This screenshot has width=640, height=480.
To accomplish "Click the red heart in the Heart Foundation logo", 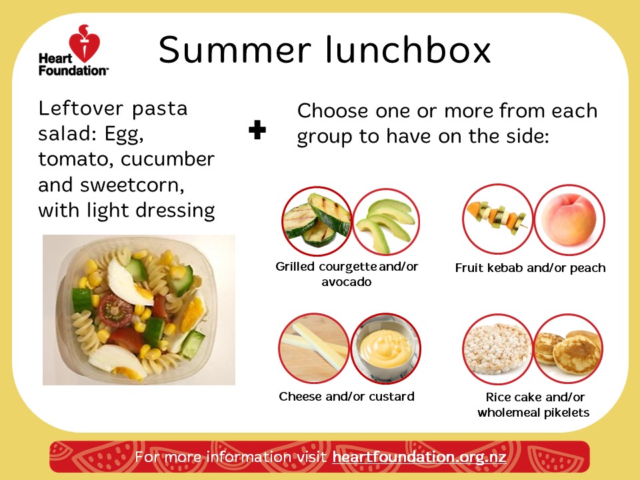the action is click(x=85, y=43).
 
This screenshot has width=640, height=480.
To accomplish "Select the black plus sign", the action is click(x=257, y=130).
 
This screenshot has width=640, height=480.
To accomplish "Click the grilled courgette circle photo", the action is click(x=317, y=221).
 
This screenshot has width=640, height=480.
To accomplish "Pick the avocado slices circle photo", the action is click(x=386, y=221).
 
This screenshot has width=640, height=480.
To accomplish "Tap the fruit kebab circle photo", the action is click(x=497, y=219).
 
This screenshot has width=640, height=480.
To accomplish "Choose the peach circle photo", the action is click(x=569, y=219).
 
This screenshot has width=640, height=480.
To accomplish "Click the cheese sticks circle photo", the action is click(x=314, y=348).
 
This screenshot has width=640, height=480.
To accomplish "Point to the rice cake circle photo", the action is click(x=497, y=349).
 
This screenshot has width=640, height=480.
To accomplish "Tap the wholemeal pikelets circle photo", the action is click(x=569, y=349).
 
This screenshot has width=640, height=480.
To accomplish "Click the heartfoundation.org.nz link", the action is click(x=419, y=456).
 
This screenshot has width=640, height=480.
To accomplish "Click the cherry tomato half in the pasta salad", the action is click(x=115, y=311).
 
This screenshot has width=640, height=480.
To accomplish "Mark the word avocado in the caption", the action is click(x=347, y=282).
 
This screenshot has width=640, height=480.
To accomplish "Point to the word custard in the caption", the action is click(x=391, y=396).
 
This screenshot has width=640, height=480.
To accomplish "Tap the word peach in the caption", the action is click(x=588, y=268).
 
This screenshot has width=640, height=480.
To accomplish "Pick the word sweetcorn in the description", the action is click(x=132, y=185).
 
